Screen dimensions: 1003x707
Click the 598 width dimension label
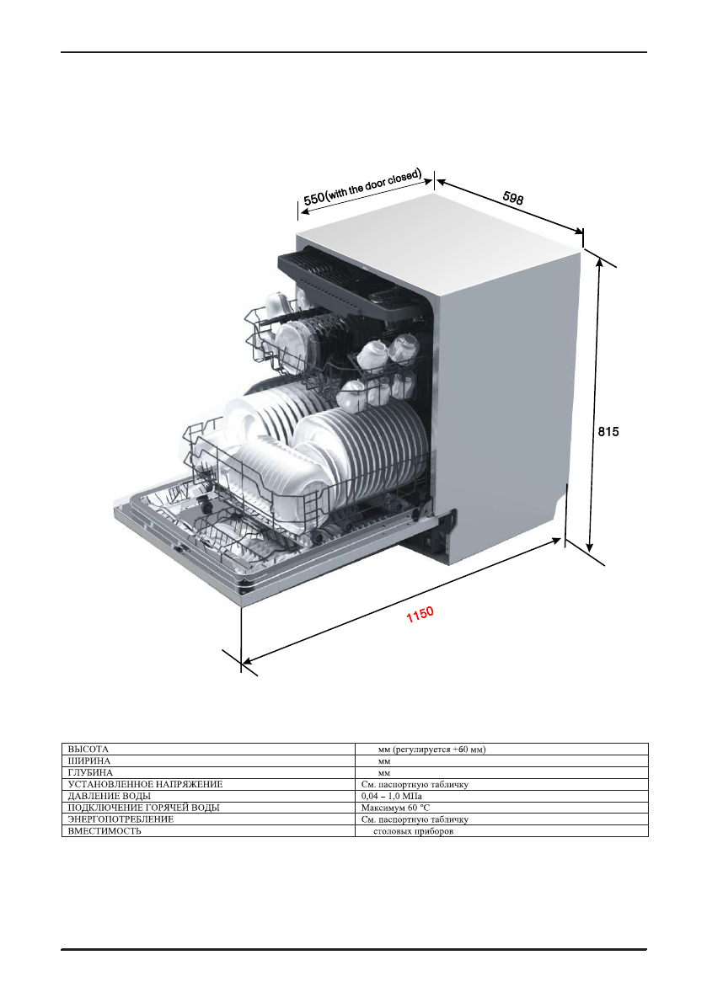[513, 199]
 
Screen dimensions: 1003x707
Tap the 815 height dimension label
[608, 431]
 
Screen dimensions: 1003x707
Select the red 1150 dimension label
[420, 616]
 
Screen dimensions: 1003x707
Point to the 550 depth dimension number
[313, 199]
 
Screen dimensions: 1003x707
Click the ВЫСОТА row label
[88, 749]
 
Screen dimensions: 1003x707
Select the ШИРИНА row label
[89, 760]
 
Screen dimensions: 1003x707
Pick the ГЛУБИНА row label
[90, 772]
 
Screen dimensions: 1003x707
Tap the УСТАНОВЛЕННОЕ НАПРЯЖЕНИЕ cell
[145, 784]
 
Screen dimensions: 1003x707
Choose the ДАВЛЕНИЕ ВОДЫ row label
[110, 796]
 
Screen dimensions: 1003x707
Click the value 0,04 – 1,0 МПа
[391, 796]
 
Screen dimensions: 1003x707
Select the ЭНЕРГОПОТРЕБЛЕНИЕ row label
[121, 819]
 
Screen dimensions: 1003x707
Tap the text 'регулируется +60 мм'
[441, 749]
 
